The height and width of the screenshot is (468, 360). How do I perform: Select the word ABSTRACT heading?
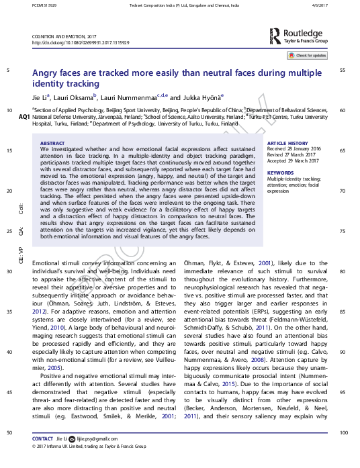tap(53, 144)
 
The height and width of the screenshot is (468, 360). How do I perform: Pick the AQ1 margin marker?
tap(24, 117)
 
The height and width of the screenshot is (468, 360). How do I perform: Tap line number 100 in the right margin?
tap(343, 433)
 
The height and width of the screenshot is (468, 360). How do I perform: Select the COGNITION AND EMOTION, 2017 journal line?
tap(64, 36)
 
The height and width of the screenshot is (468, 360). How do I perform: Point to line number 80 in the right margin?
tap(343, 271)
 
